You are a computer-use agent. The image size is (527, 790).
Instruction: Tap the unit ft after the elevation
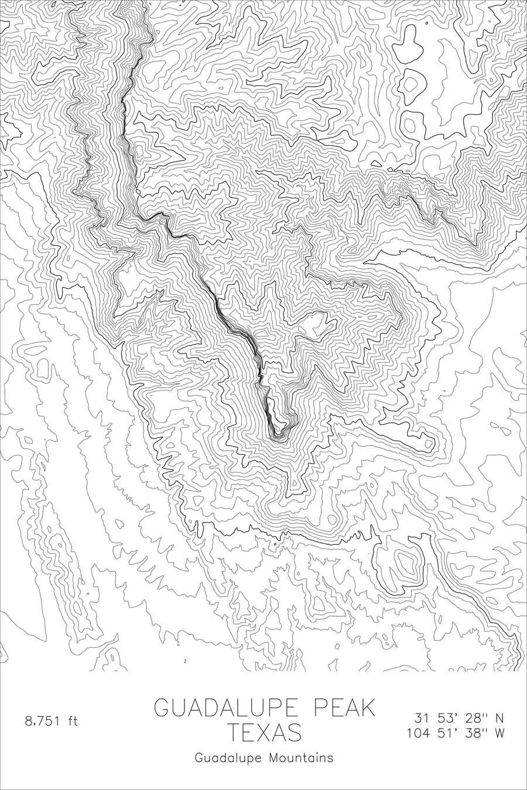point(72,721)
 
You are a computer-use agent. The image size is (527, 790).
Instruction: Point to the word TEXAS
point(264,733)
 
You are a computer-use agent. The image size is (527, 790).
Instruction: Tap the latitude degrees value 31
point(421,717)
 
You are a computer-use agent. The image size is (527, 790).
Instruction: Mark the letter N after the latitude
point(499,717)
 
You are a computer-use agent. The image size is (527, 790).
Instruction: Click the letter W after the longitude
point(499,733)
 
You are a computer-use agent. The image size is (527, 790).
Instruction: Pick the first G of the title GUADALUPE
point(162,708)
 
